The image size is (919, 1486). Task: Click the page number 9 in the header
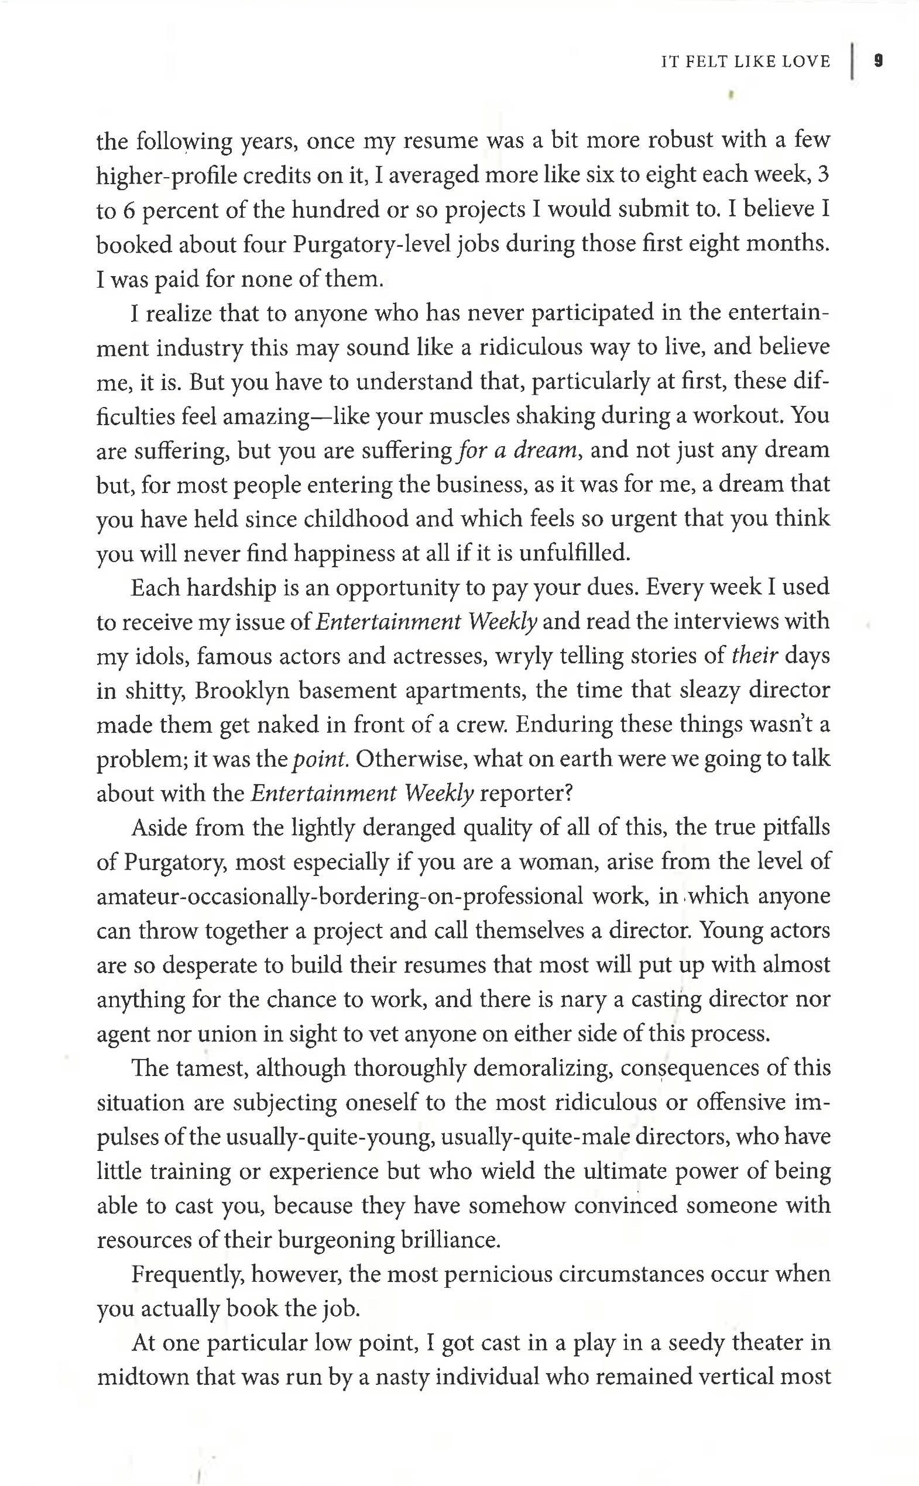(x=878, y=61)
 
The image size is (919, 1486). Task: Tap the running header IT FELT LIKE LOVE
(x=745, y=61)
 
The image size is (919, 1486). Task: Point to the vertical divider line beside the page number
(x=852, y=61)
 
